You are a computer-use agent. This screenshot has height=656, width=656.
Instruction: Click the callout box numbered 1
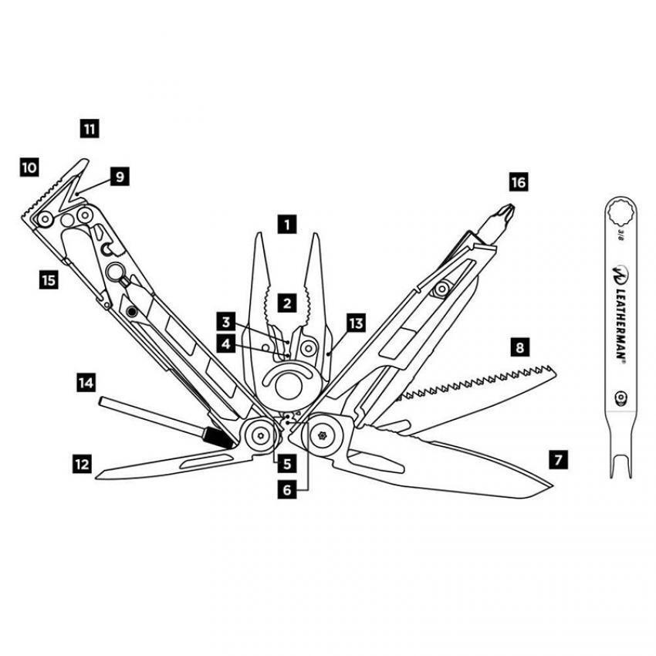click(x=286, y=225)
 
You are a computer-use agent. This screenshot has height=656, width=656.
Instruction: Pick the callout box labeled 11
click(x=90, y=128)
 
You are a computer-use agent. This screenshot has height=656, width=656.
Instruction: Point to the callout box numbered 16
click(x=518, y=182)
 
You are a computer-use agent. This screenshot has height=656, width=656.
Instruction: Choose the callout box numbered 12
click(x=81, y=464)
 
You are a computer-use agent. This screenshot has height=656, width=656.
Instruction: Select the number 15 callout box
click(x=49, y=280)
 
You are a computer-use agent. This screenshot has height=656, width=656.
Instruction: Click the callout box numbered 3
click(x=225, y=321)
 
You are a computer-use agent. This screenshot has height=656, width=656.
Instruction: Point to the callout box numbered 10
click(x=29, y=167)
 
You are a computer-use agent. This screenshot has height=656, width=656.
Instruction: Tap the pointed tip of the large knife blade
click(x=551, y=485)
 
